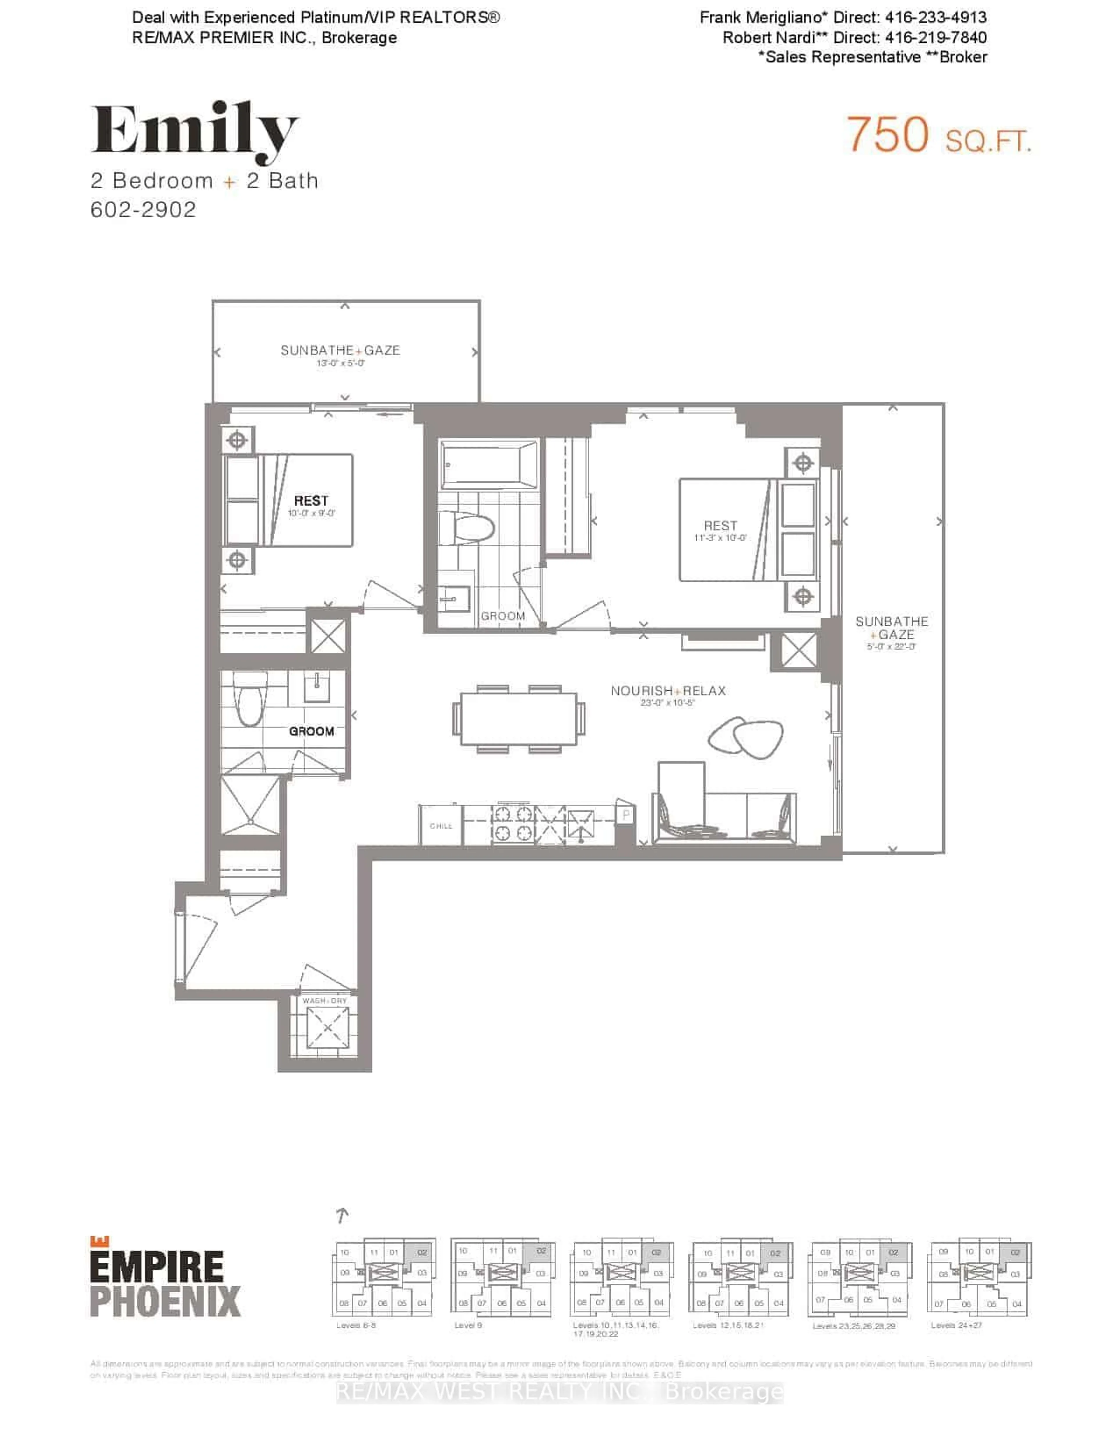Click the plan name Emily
[x=194, y=131]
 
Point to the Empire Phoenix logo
[x=164, y=1276]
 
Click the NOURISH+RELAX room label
[x=668, y=691]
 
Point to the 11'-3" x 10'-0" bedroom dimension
[x=720, y=538]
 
